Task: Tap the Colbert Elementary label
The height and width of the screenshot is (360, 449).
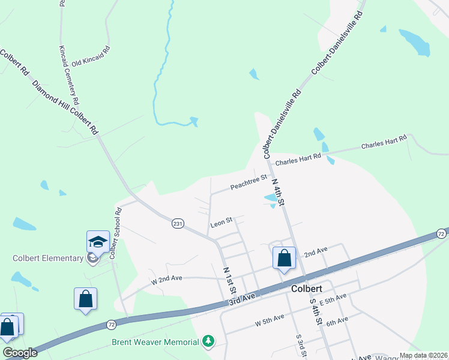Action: click(48, 259)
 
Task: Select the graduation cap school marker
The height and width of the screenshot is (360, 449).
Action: click(98, 242)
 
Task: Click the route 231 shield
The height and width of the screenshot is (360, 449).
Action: click(178, 223)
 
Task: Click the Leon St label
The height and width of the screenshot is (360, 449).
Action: click(221, 224)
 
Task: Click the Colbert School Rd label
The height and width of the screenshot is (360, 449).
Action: click(115, 233)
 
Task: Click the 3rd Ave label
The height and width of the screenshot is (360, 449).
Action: click(243, 299)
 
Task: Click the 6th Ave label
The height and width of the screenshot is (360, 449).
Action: click(337, 321)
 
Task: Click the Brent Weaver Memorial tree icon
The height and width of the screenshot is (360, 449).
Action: click(208, 341)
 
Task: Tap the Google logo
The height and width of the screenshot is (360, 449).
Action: click(20, 353)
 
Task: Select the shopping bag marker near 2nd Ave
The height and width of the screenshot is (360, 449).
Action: click(285, 259)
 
